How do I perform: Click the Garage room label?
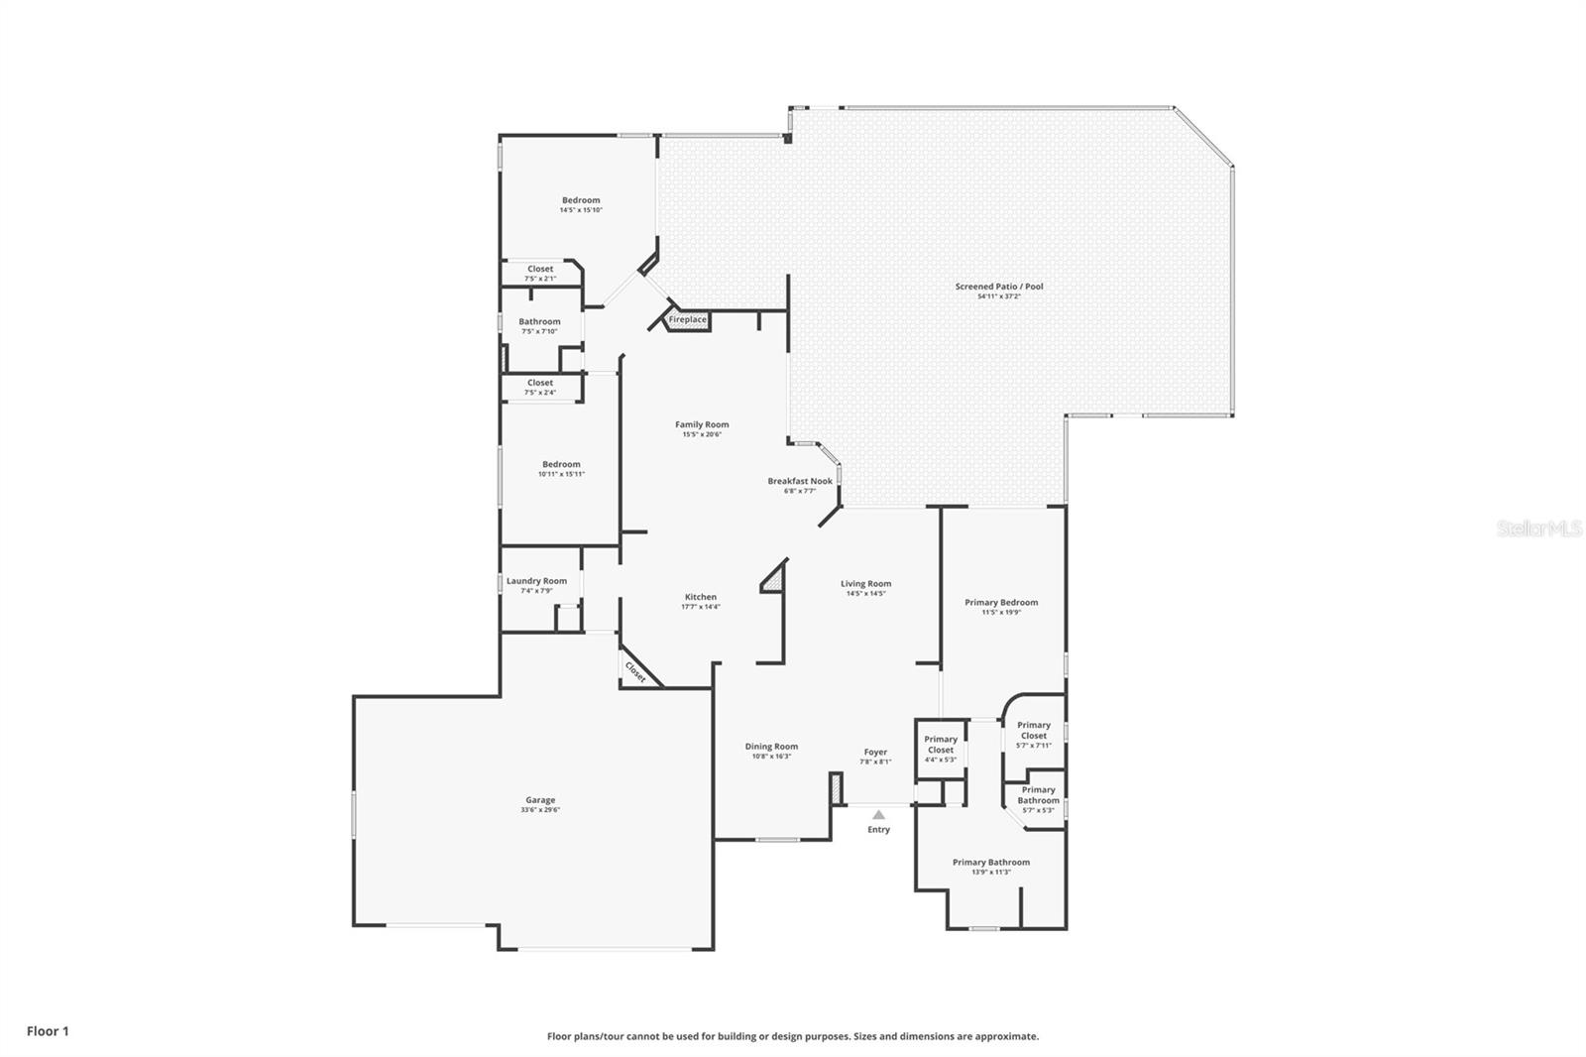coord(540,800)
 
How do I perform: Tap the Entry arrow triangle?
coord(878,814)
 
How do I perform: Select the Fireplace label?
coord(688,319)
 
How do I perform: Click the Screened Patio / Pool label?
coord(999,287)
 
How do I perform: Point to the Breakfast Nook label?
coord(800,481)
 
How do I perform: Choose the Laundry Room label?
coord(536,581)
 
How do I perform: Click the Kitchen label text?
coord(700,597)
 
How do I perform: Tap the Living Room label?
coord(865,584)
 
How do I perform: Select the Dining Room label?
coord(771,747)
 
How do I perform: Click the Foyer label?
coord(875,752)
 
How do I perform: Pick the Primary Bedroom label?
coord(1001,602)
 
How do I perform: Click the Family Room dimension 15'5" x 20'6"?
coord(702,434)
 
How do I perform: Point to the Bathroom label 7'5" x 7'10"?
coord(539,321)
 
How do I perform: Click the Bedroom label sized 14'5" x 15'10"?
coord(581,200)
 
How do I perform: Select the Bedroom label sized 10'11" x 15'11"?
coord(561,464)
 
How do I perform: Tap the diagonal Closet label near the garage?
coord(635,672)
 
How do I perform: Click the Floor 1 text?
coord(48,1031)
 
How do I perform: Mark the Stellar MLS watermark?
coord(1538,528)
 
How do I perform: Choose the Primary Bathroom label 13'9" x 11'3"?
coord(991,862)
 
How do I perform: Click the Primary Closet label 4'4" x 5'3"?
coord(941,744)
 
